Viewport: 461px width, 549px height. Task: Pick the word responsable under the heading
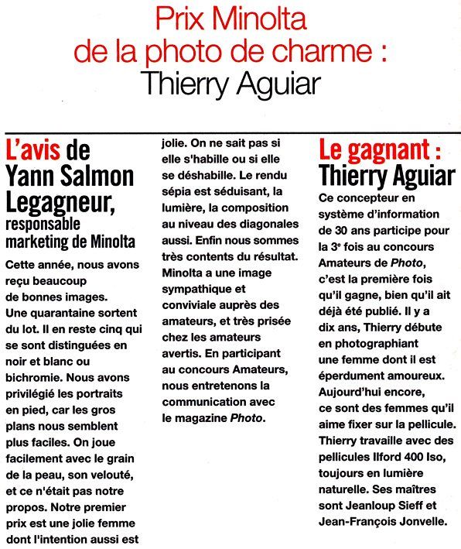(46, 225)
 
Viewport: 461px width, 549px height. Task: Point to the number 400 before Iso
(417, 457)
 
